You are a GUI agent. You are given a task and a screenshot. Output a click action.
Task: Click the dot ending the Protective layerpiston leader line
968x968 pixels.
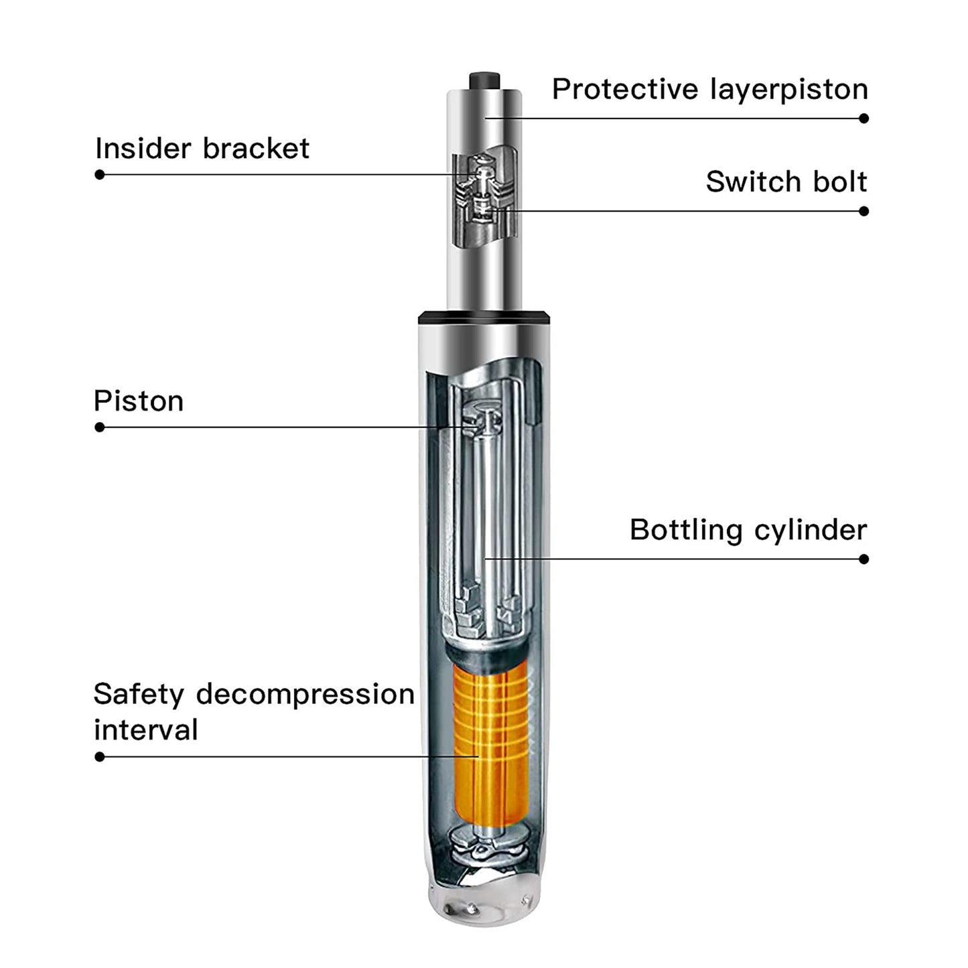pos(863,119)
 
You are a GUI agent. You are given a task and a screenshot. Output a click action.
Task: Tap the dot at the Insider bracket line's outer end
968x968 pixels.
pos(99,175)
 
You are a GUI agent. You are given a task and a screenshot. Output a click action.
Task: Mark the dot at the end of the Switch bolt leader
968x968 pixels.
pos(863,211)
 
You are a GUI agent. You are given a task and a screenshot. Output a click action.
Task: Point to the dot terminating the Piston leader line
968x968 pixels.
pos(99,427)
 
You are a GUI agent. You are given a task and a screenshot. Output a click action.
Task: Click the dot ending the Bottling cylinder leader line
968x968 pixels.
pos(863,559)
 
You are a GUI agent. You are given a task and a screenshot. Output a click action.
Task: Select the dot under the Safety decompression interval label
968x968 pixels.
pos(99,756)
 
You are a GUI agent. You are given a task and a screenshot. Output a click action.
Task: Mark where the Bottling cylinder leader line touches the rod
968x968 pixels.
pos(485,559)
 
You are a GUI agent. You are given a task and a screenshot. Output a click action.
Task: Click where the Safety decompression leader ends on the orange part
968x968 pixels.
pos(478,756)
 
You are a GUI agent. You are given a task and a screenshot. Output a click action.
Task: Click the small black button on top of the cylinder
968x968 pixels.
pos(484,81)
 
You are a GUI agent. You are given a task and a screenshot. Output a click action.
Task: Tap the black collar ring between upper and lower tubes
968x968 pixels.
pos(484,318)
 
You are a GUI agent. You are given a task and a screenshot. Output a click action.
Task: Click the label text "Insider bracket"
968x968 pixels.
pos(202,148)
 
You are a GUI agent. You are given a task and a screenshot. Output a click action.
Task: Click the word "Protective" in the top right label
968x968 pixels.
pos(625,89)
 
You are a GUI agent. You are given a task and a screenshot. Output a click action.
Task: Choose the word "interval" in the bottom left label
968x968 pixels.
pos(145,730)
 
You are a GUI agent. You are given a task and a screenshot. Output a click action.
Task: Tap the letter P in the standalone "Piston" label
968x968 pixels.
pos(102,401)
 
